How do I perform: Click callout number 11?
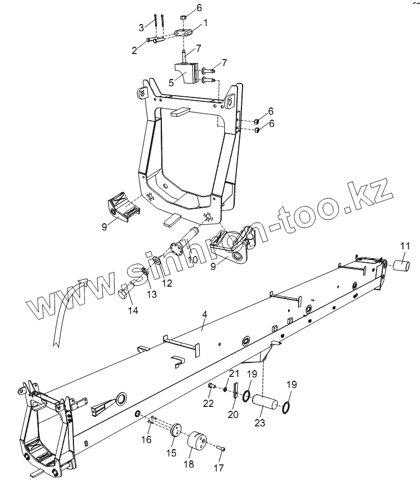[x=404, y=245]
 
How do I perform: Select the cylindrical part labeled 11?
[x=403, y=265]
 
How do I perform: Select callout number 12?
[x=167, y=283]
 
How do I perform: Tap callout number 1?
[x=205, y=23]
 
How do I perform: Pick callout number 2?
[x=134, y=50]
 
